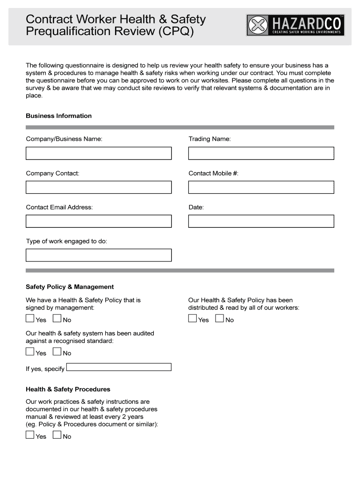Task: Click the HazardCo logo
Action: pos(295,25)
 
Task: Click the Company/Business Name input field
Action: pos(99,153)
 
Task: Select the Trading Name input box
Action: pos(261,153)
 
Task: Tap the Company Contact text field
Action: pos(99,187)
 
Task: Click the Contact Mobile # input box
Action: pos(261,187)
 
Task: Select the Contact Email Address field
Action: pos(99,221)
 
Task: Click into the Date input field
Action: pos(261,221)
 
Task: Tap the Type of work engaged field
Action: pos(99,255)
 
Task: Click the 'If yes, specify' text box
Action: pos(119,367)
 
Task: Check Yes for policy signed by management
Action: pos(30,319)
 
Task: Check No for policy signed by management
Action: pos(57,319)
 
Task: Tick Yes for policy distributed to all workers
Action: pos(193,319)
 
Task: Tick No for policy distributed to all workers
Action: pos(220,319)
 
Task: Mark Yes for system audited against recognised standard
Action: pos(30,352)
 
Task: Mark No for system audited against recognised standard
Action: pos(57,352)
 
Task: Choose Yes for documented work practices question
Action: pos(30,435)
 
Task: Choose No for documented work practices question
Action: pos(57,435)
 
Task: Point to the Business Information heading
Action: pos(58,116)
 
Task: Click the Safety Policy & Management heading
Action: pos(70,287)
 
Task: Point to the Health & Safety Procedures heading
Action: pos(68,389)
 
